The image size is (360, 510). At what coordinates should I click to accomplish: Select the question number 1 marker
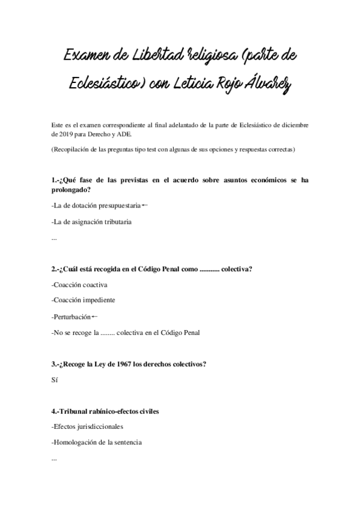pyautogui.click(x=55, y=180)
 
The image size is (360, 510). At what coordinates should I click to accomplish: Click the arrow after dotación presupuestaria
pyautogui.click(x=145, y=206)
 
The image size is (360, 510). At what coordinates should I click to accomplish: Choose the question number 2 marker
pyautogui.click(x=55, y=269)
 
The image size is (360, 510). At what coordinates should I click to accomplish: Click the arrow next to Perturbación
pyautogui.click(x=95, y=316)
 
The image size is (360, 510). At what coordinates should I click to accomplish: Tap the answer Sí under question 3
pyautogui.click(x=56, y=379)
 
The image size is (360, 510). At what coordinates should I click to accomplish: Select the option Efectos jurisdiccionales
pyautogui.click(x=88, y=427)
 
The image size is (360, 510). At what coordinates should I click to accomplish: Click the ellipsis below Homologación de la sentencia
pyautogui.click(x=55, y=459)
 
